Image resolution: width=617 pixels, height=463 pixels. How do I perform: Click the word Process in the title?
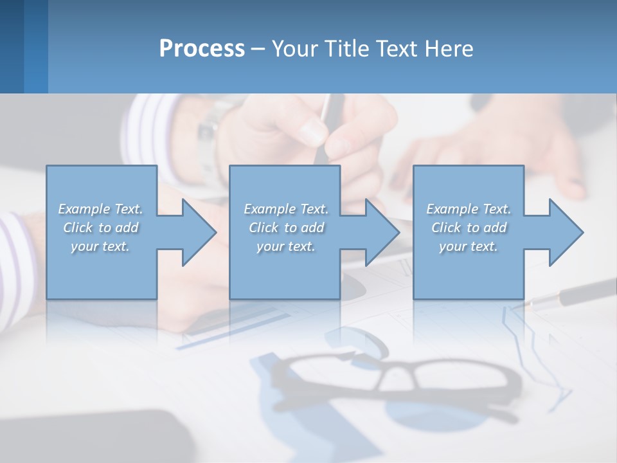click(202, 48)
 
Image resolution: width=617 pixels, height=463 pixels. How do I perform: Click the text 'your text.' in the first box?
click(100, 246)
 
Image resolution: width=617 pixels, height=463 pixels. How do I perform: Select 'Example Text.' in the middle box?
click(286, 209)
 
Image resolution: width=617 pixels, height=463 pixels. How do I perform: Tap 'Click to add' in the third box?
click(469, 228)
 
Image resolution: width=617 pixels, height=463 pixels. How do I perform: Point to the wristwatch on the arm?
click(209, 138)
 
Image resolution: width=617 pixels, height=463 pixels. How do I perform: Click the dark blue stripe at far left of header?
click(12, 46)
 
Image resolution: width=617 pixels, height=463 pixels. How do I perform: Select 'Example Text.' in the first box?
click(100, 209)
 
